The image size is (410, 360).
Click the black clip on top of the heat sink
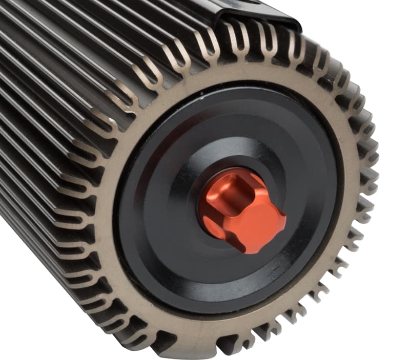pyautogui.click(x=256, y=13)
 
